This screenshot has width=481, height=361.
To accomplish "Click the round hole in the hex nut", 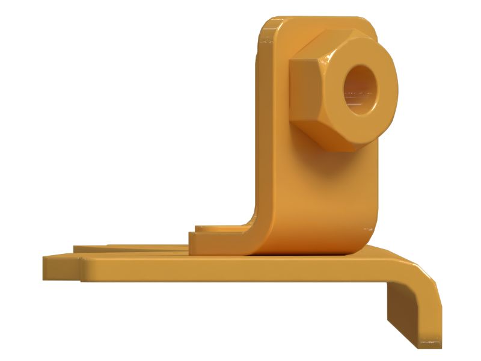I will click(x=361, y=90).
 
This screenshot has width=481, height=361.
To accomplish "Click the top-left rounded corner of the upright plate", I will click(x=268, y=27).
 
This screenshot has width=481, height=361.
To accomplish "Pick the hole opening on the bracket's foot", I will click(x=210, y=229).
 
